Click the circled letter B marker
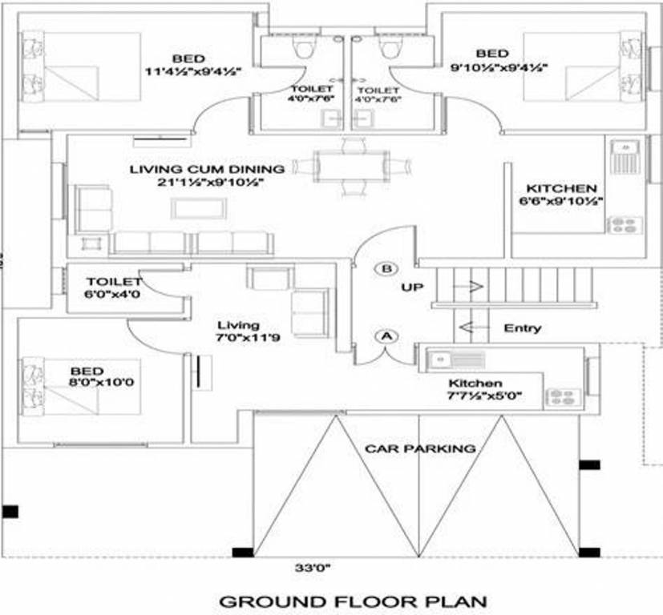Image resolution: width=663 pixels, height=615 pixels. click(386, 268)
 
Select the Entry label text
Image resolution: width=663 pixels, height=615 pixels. click(522, 328)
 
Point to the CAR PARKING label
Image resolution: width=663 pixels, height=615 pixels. click(420, 448)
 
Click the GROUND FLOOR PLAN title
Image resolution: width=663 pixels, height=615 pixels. click(353, 601)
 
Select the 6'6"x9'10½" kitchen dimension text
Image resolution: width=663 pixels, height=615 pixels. click(560, 203)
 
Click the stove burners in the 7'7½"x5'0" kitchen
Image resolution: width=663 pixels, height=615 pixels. click(561, 396)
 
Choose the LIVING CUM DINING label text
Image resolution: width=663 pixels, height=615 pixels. click(207, 169)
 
